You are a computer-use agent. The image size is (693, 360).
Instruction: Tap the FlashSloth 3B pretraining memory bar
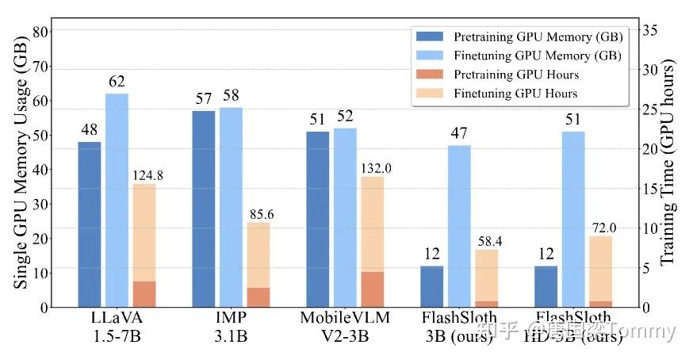[432, 286]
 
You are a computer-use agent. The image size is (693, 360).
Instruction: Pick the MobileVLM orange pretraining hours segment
[373, 289]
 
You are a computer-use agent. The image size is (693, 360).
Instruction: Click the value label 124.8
[147, 175]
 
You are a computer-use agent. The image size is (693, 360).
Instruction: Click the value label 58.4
[489, 240]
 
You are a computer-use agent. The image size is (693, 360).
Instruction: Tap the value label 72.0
[603, 228]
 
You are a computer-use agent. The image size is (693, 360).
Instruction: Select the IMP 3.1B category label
[232, 326]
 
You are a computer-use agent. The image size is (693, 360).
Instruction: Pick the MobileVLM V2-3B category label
[346, 326]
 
